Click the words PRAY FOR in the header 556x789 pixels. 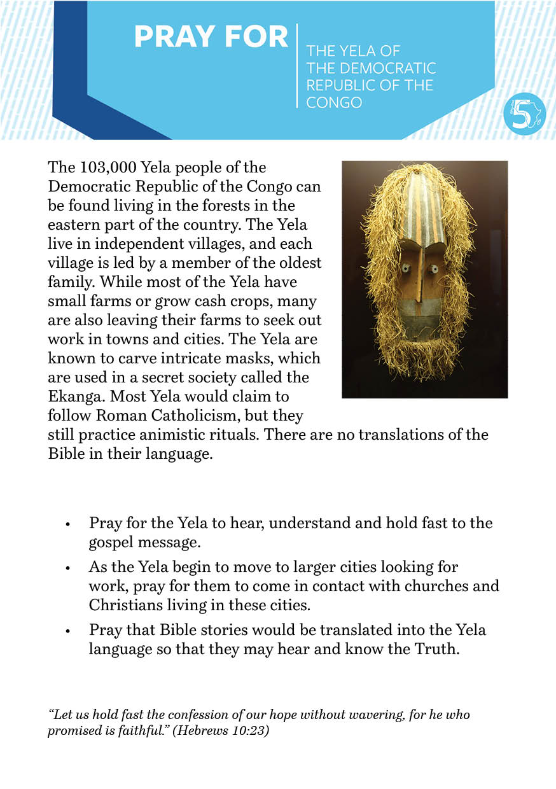[x=211, y=38]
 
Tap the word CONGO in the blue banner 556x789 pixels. [x=334, y=102]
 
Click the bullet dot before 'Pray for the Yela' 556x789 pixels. [x=67, y=525]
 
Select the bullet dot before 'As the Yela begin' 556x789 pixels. [x=67, y=568]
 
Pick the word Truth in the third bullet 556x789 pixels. [x=433, y=650]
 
